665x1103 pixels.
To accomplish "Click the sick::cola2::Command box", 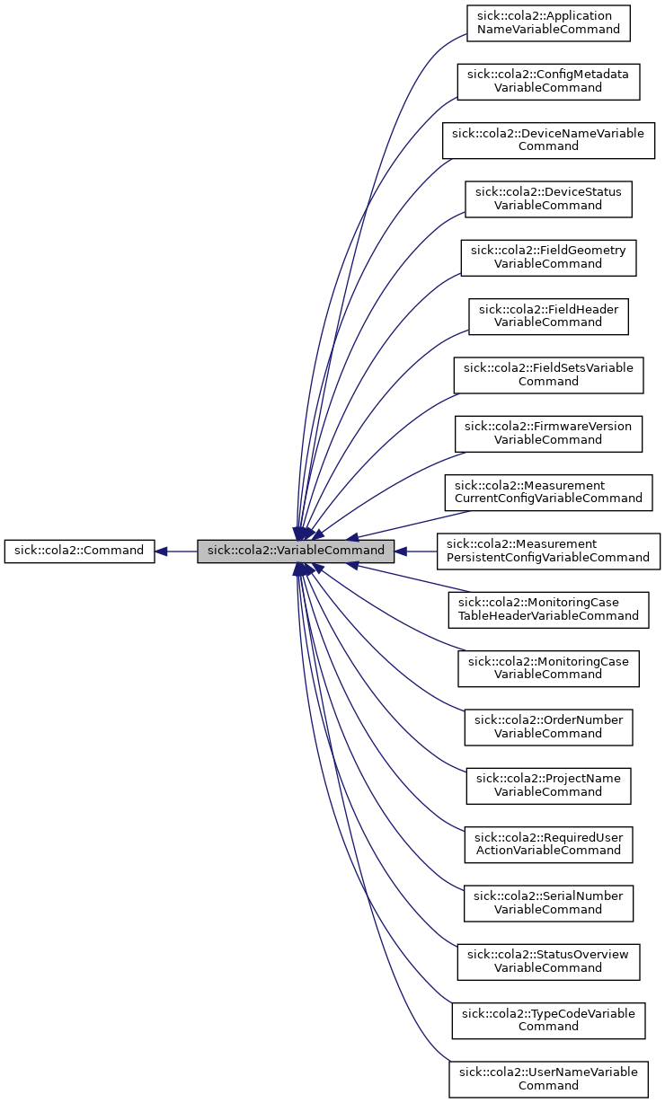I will pyautogui.click(x=79, y=551).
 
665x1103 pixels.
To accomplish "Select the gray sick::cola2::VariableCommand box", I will pyautogui.click(x=296, y=551).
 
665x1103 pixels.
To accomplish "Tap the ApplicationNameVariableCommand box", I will pyautogui.click(x=548, y=22).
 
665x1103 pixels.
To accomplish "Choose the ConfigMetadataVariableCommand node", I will pyautogui.click(x=548, y=81).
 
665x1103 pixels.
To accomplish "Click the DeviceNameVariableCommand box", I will pyautogui.click(x=548, y=140).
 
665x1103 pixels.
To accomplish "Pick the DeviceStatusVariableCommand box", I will pyautogui.click(x=548, y=199).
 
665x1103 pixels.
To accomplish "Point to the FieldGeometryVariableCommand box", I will pyautogui.click(x=548, y=257).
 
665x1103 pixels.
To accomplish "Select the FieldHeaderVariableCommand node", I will pyautogui.click(x=548, y=316).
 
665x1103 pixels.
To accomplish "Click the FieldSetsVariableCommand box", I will pyautogui.click(x=548, y=375).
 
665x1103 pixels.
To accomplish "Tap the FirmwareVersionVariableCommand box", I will pyautogui.click(x=548, y=433).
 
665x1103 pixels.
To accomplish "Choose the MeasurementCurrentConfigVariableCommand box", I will pyautogui.click(x=548, y=492).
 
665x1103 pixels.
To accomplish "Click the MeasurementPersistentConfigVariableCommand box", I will pyautogui.click(x=548, y=551).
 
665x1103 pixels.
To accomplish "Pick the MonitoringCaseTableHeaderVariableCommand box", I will pyautogui.click(x=548, y=609).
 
